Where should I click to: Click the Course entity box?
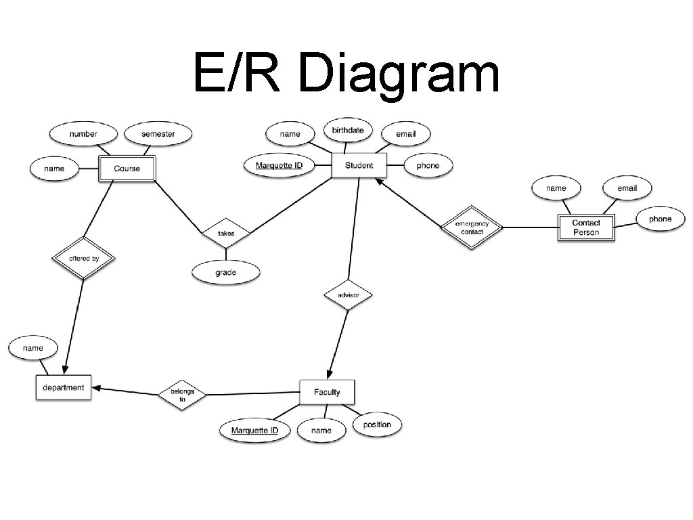[127, 169]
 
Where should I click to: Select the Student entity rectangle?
[359, 165]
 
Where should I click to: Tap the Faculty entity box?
[327, 392]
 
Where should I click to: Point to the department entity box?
[64, 388]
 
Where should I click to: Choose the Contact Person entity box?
[585, 227]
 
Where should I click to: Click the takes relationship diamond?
[226, 234]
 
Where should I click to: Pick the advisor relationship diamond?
[347, 295]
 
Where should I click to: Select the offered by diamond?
[84, 258]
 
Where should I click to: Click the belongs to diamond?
[182, 395]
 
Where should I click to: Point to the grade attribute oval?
[226, 272]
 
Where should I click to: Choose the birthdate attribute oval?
[348, 130]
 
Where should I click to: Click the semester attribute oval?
[158, 133]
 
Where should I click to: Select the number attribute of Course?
[83, 133]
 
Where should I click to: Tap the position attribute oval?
[377, 425]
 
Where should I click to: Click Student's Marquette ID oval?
[279, 165]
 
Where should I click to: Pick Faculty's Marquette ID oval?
[254, 430]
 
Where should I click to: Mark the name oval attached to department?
[32, 348]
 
